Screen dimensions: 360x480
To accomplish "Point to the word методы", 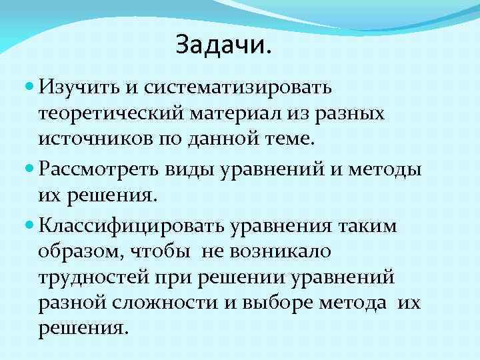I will [x=390, y=169].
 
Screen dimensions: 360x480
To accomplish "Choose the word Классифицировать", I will [x=133, y=225].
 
